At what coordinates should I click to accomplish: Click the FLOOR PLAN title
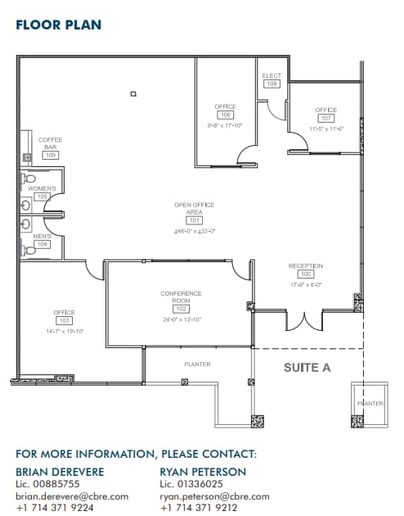point(59,25)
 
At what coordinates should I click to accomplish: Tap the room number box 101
point(194,220)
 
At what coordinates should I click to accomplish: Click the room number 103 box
point(64,320)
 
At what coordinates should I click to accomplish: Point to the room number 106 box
point(225,115)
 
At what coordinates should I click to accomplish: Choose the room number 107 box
point(326,118)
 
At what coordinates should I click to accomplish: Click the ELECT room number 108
point(272,84)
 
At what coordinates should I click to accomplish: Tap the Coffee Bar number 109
point(51,155)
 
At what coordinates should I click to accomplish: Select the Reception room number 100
point(305,274)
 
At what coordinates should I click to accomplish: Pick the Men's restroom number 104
point(42,244)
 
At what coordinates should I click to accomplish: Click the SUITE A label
point(307,368)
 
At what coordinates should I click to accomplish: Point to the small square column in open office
point(132,94)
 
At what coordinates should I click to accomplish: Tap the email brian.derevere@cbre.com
point(72,496)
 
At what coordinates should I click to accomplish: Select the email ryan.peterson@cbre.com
point(213,496)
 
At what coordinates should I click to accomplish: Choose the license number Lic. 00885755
point(48,485)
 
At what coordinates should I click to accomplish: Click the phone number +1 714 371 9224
point(55,508)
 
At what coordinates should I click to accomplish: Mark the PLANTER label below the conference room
point(198,364)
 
